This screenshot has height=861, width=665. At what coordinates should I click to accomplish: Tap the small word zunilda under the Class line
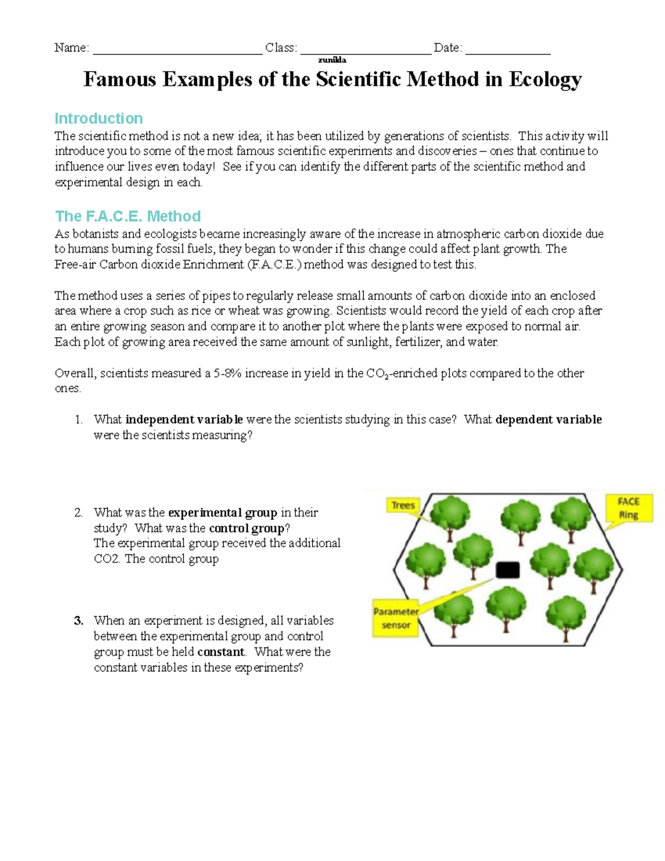(x=332, y=60)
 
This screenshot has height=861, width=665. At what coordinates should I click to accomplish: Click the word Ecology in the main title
(x=545, y=80)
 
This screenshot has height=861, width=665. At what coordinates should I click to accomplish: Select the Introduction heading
(x=99, y=118)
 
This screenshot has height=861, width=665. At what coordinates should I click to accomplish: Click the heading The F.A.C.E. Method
(x=127, y=216)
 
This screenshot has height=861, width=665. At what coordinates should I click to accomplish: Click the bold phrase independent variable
(x=184, y=420)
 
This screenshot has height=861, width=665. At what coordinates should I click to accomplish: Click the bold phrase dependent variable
(x=548, y=420)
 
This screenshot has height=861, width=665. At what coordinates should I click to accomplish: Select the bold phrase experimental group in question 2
(x=222, y=512)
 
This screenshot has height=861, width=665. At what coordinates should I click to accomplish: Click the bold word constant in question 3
(x=221, y=652)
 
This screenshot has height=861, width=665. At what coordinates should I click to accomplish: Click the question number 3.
(x=78, y=621)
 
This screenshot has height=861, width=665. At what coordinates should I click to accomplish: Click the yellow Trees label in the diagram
(x=403, y=505)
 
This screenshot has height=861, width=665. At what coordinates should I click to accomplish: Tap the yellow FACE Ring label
(x=628, y=508)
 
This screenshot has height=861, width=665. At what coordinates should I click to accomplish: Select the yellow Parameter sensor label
(x=396, y=618)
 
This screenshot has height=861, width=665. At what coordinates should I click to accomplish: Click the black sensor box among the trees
(x=507, y=570)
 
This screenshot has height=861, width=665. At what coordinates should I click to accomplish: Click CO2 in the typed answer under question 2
(x=106, y=559)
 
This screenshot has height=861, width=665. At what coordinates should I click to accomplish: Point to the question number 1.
(x=78, y=420)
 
